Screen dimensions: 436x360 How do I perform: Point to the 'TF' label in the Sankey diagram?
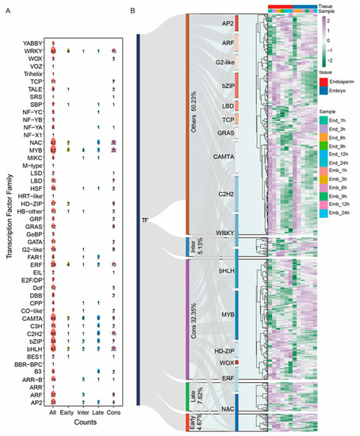(145, 220)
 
